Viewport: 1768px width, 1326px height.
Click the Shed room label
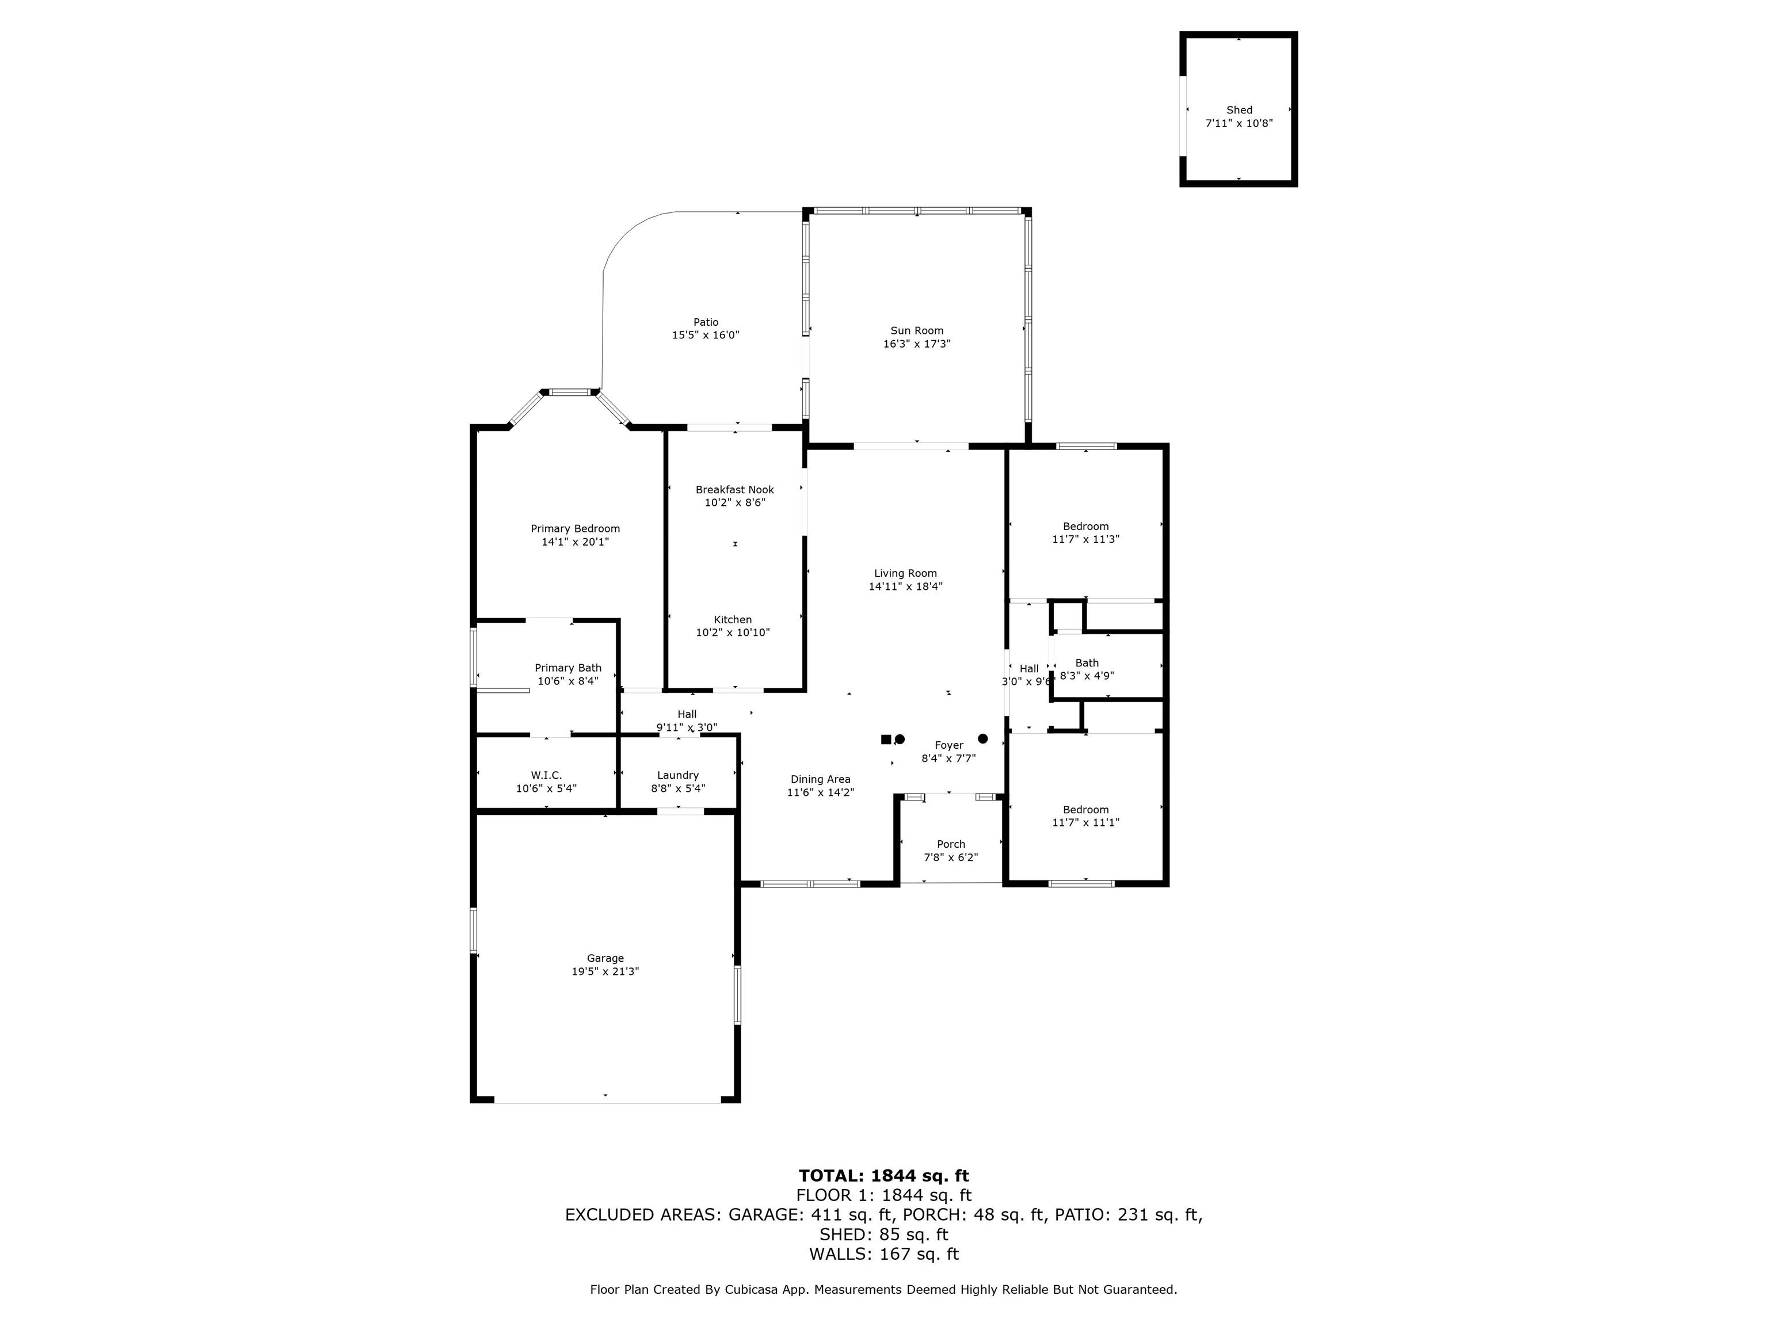click(x=1239, y=110)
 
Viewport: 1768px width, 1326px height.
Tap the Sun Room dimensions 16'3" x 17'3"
click(x=917, y=344)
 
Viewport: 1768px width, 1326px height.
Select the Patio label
click(x=706, y=322)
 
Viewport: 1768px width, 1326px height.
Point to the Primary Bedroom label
click(x=576, y=529)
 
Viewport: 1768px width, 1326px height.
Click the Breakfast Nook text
click(x=734, y=490)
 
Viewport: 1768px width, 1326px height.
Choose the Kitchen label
click(x=733, y=619)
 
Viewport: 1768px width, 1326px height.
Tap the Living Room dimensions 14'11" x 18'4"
click(x=905, y=586)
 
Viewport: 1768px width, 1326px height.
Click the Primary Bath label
click(x=568, y=668)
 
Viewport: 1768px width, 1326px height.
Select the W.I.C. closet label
click(x=547, y=775)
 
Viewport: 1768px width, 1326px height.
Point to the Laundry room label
click(x=678, y=775)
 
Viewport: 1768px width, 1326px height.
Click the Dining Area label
click(x=821, y=779)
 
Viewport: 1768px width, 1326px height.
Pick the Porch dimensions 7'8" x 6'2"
click(x=951, y=858)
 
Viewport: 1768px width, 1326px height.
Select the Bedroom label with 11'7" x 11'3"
click(x=1085, y=527)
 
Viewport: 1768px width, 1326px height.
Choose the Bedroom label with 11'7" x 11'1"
click(x=1085, y=810)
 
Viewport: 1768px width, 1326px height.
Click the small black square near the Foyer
click(x=886, y=740)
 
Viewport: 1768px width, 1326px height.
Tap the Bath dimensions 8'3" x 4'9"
click(x=1087, y=676)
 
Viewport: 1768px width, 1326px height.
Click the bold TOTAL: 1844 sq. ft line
click(x=884, y=1176)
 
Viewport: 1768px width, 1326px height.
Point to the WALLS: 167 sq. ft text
click(x=884, y=1254)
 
